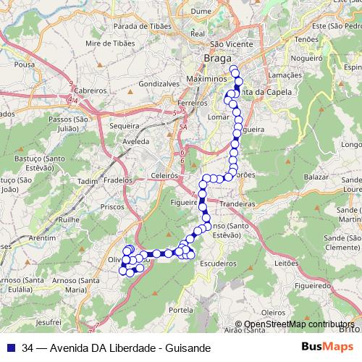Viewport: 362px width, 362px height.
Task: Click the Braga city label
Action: tap(218, 58)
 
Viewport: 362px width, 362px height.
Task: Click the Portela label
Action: tap(180, 309)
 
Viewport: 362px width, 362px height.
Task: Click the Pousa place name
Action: tap(24, 64)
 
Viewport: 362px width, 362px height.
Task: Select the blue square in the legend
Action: tap(9, 348)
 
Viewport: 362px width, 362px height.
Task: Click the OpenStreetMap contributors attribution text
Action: tap(304, 324)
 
